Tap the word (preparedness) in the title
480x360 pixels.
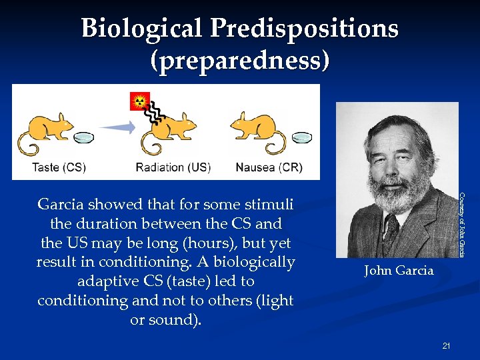point(239,61)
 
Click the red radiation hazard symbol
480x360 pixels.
point(140,101)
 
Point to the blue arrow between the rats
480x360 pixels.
point(117,127)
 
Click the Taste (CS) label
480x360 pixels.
point(59,167)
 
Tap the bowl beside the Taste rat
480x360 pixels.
point(84,138)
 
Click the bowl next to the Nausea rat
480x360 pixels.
point(302,137)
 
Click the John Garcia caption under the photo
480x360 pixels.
point(398,271)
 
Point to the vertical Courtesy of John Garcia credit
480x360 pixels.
point(461,224)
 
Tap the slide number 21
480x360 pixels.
point(446,345)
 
